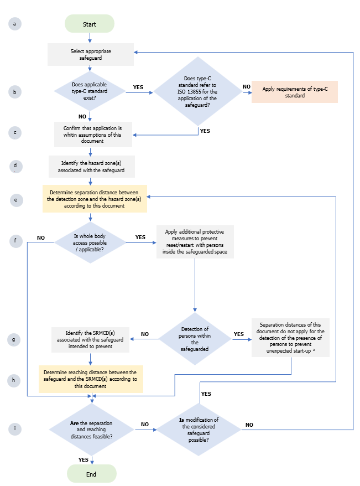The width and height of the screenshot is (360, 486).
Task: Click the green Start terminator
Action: pyautogui.click(x=90, y=24)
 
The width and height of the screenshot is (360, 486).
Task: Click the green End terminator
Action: pyautogui.click(x=91, y=474)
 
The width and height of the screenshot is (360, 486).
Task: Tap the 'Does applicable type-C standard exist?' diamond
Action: pyautogui.click(x=90, y=91)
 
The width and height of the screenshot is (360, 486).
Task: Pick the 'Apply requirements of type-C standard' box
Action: pyautogui.click(x=294, y=91)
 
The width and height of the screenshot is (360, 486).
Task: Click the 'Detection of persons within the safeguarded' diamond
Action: pyautogui.click(x=195, y=338)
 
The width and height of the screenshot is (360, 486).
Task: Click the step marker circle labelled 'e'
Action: pyautogui.click(x=16, y=200)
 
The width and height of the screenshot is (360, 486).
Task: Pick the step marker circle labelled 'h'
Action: pyautogui.click(x=16, y=380)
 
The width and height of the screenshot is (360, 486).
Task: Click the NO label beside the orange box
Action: pyautogui.click(x=246, y=87)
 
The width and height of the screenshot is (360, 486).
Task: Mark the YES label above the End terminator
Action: pyautogui.click(x=83, y=459)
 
